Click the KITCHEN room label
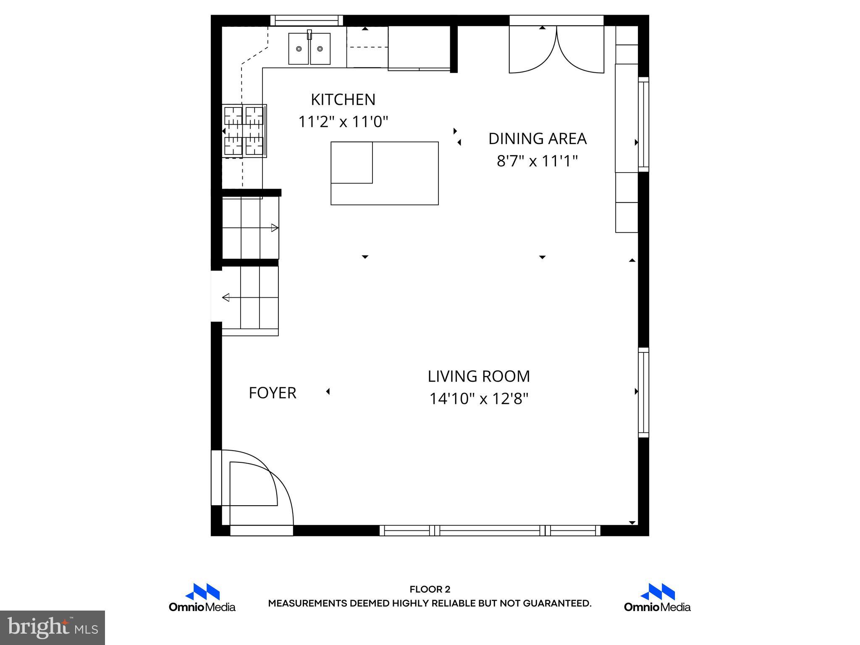click(x=343, y=100)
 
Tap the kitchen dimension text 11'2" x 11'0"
click(x=343, y=122)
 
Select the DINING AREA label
click(x=537, y=139)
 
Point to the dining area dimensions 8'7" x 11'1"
click(x=537, y=161)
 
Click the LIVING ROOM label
click(x=479, y=376)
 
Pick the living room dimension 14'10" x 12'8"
click(x=479, y=399)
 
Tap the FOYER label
click(x=273, y=393)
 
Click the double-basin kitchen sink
click(x=309, y=49)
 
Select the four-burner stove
click(x=244, y=131)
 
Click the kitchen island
click(x=385, y=173)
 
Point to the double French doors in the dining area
click(x=556, y=50)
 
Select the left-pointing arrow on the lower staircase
click(x=226, y=298)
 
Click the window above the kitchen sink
click(x=307, y=20)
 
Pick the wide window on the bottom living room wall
click(x=490, y=530)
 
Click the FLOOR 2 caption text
click(x=430, y=590)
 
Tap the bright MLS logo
click(x=52, y=627)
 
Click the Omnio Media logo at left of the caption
click(x=202, y=598)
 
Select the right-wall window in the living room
click(x=643, y=392)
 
